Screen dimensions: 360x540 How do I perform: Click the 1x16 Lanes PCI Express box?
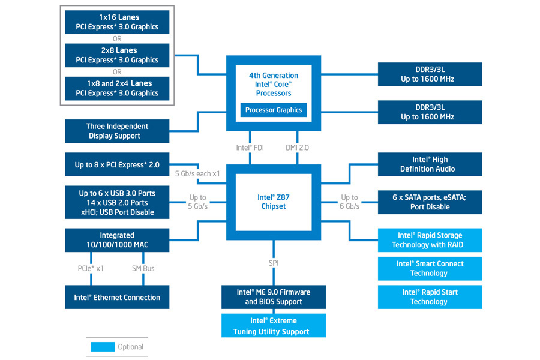117,22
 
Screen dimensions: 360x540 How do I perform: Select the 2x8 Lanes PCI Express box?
117,55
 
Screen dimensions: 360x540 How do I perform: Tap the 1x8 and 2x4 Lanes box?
117,88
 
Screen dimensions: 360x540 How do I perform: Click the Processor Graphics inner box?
273,110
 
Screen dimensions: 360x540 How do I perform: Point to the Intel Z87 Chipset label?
273,202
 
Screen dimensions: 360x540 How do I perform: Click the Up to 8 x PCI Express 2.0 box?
117,164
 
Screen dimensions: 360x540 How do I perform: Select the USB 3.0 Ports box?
117,202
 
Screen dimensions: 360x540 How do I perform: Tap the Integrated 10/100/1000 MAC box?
117,240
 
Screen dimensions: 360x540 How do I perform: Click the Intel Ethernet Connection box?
117,297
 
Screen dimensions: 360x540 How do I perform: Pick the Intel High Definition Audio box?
430,164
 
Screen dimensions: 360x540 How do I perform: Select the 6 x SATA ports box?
430,202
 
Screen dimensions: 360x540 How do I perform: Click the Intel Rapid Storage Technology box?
430,240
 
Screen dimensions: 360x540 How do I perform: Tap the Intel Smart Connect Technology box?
430,268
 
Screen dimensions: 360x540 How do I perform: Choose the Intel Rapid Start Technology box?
430,296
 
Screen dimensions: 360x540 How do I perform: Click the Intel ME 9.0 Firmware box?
273,296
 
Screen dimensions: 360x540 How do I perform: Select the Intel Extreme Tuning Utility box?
273,326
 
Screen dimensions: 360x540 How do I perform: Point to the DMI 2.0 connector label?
298,147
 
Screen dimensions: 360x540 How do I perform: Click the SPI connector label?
274,263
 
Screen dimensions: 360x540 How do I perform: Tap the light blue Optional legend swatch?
103,346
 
